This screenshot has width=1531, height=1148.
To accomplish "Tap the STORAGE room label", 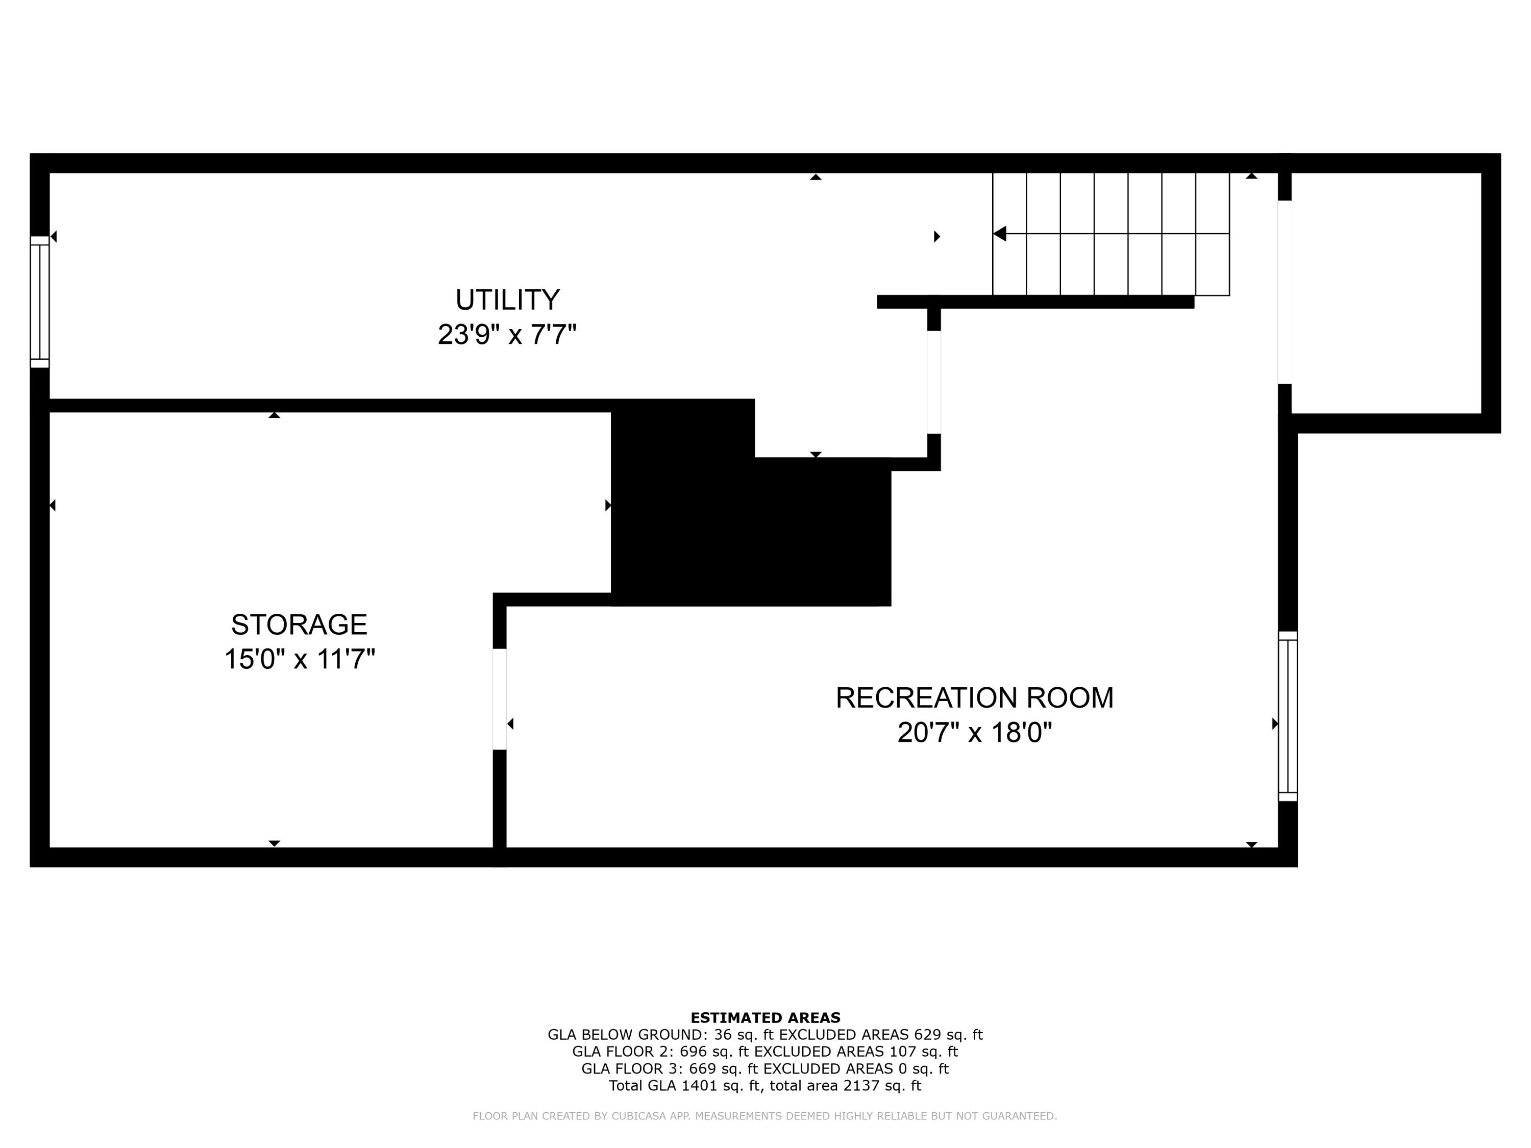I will [x=299, y=625].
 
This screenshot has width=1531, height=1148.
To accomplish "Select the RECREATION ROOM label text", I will [x=975, y=697].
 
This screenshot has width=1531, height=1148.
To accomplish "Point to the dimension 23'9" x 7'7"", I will [x=507, y=335].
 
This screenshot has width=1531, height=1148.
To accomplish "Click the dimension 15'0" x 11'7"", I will [x=299, y=659].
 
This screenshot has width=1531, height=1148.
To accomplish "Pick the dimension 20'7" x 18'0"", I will [x=975, y=732].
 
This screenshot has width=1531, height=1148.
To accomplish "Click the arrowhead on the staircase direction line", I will [x=999, y=234].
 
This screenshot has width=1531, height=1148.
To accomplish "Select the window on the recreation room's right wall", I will [x=1288, y=716].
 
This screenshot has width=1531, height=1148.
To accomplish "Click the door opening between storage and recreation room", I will [x=499, y=699].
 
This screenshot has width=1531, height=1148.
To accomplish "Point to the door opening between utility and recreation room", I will [x=934, y=382].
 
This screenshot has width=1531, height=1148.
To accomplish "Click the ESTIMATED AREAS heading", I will [x=765, y=1018].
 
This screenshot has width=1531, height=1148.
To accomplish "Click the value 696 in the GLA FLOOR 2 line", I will [x=694, y=1052].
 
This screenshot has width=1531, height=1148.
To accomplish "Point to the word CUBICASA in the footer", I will [x=637, y=1116].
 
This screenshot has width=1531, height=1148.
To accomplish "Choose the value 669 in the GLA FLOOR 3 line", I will [x=703, y=1068].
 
